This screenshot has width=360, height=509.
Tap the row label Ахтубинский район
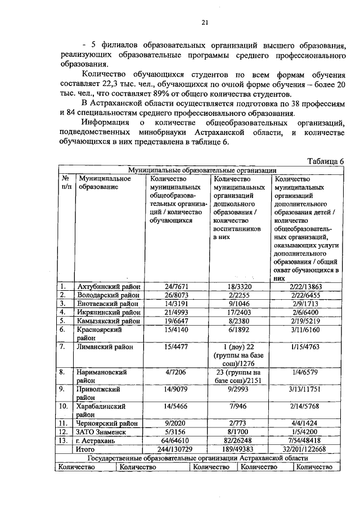(107, 287)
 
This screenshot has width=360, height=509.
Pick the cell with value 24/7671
(177, 287)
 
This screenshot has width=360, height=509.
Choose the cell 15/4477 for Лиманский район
(177, 347)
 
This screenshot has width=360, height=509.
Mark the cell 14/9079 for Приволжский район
(177, 389)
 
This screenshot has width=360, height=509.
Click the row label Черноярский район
(108, 423)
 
